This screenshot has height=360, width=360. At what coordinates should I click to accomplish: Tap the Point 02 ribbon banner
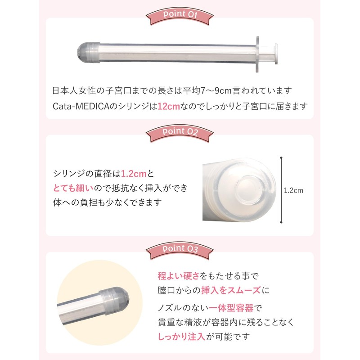point(180,133)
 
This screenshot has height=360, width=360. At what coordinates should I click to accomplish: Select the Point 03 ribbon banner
point(180,250)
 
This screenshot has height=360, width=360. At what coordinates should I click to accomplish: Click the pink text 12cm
point(169,106)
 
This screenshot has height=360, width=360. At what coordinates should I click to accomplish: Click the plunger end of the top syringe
point(276,54)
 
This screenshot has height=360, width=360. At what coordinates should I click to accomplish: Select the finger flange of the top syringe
point(257,54)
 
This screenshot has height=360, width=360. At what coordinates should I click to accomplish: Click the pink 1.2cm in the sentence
point(134,174)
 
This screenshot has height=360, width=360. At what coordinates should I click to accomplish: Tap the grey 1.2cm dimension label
point(293,190)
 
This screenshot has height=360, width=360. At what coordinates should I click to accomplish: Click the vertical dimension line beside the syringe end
point(281,190)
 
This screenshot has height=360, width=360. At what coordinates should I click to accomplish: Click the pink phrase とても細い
point(73,188)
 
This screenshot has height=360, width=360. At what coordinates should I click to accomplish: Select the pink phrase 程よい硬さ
point(178,276)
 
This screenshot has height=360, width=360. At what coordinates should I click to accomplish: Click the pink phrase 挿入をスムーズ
point(231,290)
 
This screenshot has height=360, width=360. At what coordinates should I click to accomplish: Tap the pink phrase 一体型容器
point(231,308)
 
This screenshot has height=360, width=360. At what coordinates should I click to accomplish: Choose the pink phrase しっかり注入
point(181,337)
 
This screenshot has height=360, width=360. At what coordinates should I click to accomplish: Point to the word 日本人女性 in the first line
point(74,91)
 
